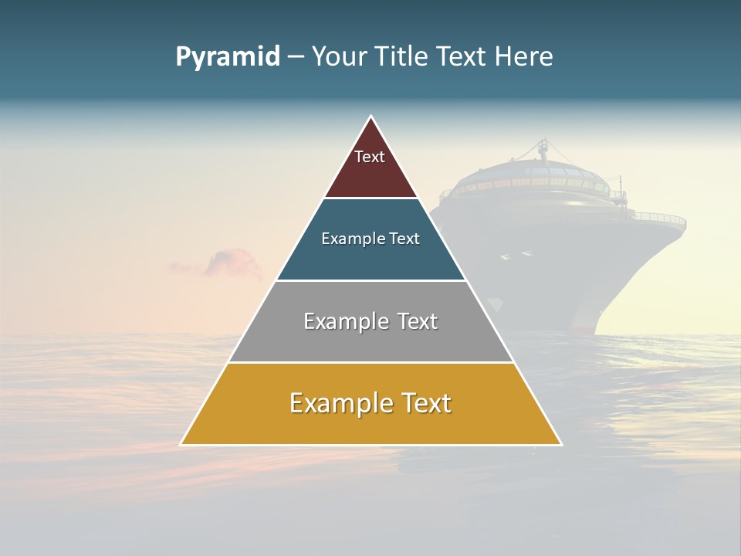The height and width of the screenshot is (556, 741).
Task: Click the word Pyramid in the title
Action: pyautogui.click(x=228, y=57)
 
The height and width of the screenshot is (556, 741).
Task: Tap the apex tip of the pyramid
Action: pyautogui.click(x=371, y=117)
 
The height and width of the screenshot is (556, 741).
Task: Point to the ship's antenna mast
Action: pyautogui.click(x=543, y=151)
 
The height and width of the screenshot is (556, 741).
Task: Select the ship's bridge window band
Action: pyautogui.click(x=540, y=184)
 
